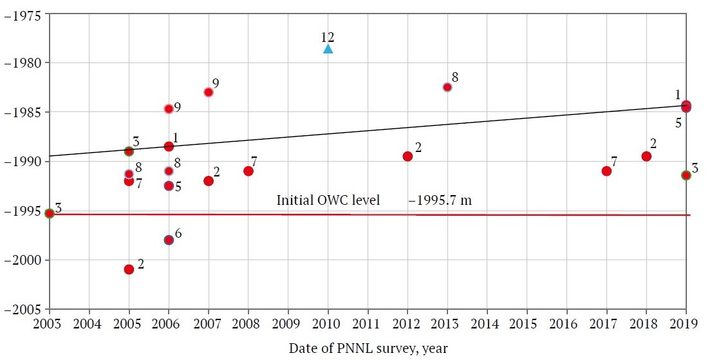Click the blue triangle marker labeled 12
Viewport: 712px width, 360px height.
click(328, 49)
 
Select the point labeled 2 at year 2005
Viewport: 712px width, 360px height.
click(129, 269)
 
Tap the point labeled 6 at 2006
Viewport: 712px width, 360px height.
click(169, 240)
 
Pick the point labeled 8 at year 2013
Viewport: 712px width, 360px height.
click(447, 87)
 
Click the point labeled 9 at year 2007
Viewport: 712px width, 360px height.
click(209, 92)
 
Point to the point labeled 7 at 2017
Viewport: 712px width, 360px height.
click(606, 171)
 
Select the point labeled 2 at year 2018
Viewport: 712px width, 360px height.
click(646, 156)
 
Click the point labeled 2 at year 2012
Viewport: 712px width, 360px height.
click(408, 156)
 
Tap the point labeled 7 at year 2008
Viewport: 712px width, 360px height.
click(248, 171)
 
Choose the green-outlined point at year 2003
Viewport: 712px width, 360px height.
click(50, 213)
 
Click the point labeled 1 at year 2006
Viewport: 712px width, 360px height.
click(169, 146)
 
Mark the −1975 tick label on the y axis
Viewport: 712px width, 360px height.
click(23, 14)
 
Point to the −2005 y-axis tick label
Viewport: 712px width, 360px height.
click(23, 309)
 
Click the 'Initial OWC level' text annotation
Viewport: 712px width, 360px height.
click(328, 200)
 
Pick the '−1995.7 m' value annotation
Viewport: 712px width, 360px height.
click(440, 200)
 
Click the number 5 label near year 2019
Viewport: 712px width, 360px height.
click(679, 122)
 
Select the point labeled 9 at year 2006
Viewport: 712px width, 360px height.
click(169, 109)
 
